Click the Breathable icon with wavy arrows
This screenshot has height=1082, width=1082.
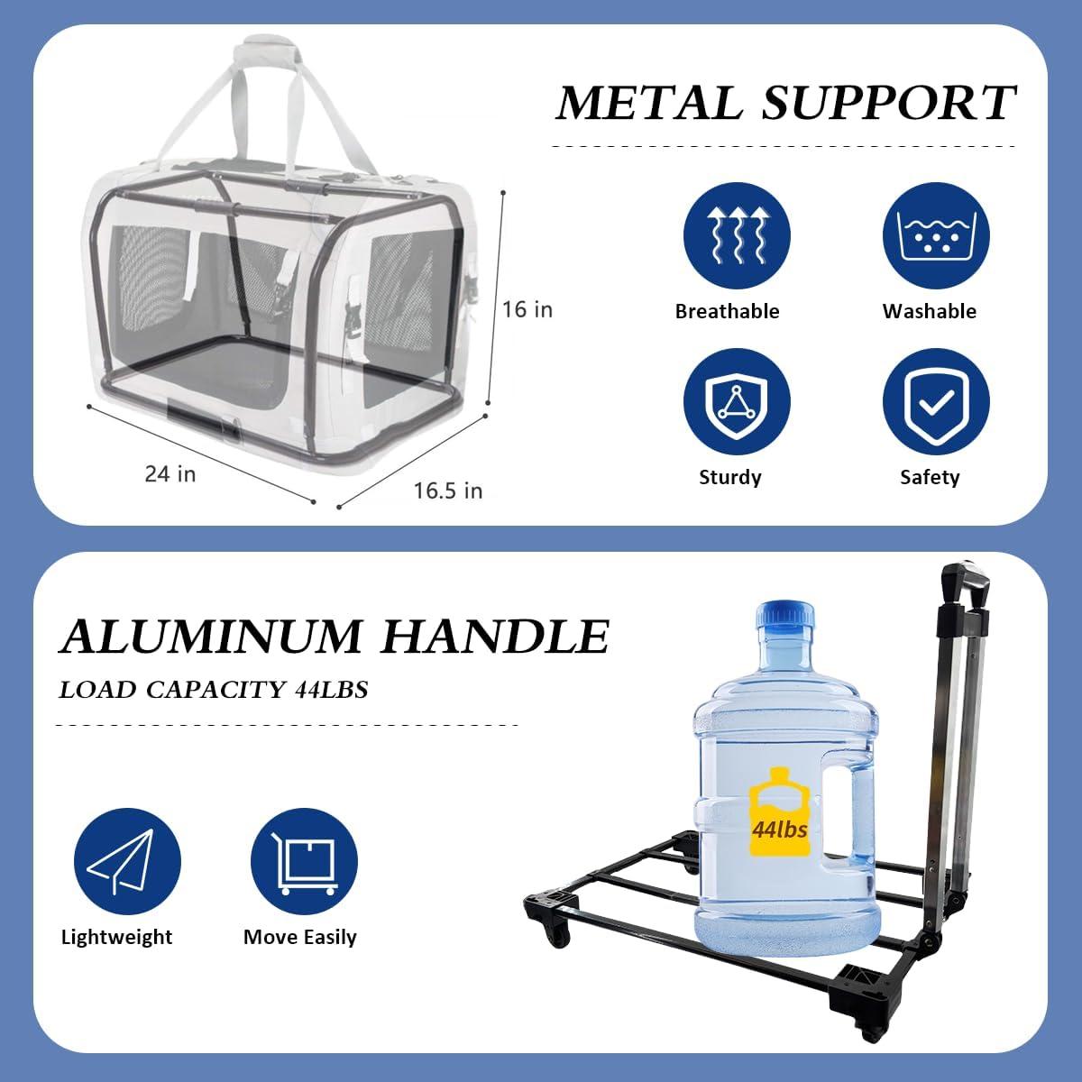click(x=737, y=235)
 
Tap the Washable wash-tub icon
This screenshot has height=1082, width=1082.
click(x=936, y=235)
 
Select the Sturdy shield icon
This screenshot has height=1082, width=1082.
click(x=737, y=401)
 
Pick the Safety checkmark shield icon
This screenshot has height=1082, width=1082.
click(x=936, y=401)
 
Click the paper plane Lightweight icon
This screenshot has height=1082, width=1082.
click(x=127, y=861)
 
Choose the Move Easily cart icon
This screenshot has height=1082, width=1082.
click(x=304, y=861)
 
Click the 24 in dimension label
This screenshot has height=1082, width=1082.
click(x=170, y=474)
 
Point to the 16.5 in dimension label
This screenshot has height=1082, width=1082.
click(x=448, y=491)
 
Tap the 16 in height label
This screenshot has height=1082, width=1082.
click(x=527, y=309)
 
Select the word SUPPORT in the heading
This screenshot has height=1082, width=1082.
click(x=888, y=103)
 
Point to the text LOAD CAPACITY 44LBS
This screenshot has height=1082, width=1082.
click(x=214, y=690)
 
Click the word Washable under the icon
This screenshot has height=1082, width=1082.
click(x=930, y=311)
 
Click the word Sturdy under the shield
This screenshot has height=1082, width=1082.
click(x=730, y=477)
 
